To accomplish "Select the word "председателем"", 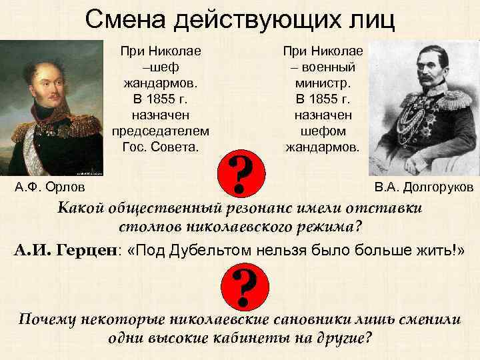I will coord(161,130).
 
